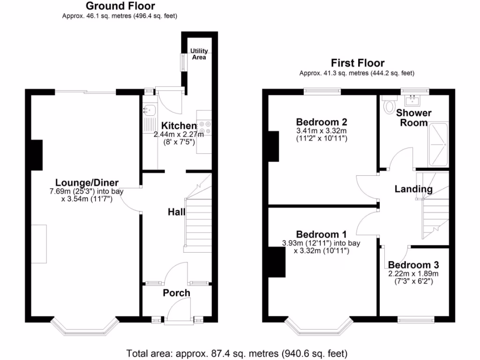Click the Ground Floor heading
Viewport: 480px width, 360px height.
click(x=120, y=6)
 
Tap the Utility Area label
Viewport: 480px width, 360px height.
click(x=199, y=54)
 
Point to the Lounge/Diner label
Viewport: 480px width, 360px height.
click(x=87, y=183)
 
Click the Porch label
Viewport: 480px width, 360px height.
click(x=176, y=293)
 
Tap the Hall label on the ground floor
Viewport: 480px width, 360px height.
click(x=177, y=212)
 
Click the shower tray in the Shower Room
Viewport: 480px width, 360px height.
click(x=438, y=144)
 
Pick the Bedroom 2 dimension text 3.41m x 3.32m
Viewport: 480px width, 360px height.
click(x=322, y=131)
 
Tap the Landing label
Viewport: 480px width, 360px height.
click(x=413, y=189)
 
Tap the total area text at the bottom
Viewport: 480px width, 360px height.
click(x=237, y=353)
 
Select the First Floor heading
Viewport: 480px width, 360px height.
click(x=357, y=63)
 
